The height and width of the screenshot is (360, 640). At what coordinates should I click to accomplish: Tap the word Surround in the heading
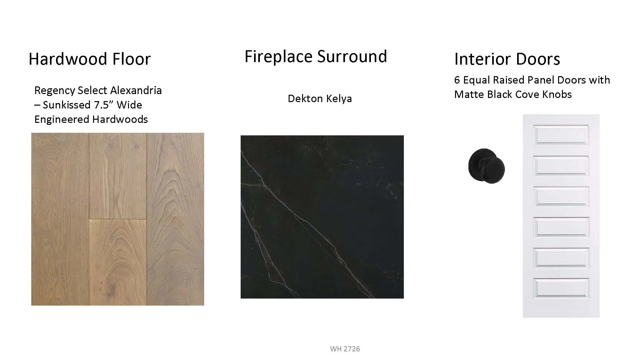tap(352, 56)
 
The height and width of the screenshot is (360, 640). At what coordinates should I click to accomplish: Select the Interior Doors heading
tap(507, 59)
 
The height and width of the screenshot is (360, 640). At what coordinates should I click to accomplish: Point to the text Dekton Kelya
tap(320, 99)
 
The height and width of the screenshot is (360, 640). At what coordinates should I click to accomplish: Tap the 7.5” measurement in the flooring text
tap(103, 105)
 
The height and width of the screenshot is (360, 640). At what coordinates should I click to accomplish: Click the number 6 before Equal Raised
tap(457, 80)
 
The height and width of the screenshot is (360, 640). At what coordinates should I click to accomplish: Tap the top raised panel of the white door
tap(561, 135)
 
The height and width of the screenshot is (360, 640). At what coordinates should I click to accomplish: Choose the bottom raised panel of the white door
tap(561, 288)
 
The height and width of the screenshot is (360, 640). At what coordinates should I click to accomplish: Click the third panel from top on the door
tap(561, 196)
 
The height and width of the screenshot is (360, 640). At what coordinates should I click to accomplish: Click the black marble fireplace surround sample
tap(322, 217)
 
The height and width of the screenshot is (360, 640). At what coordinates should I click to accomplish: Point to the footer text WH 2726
tap(345, 349)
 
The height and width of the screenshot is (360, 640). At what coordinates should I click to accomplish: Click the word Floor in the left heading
tap(127, 59)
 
